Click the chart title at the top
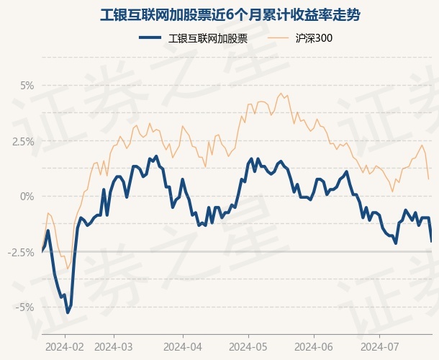tap(230, 15)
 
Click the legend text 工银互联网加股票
tap(208, 38)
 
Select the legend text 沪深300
tap(314, 38)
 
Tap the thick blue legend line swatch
tap(150, 37)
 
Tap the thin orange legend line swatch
tap(278, 37)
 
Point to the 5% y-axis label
tap(27, 86)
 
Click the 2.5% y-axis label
tap(23, 141)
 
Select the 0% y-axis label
tap(27, 197)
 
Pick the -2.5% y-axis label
tap(21, 253)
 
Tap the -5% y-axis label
tap(24, 307)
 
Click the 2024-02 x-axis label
tap(65, 347)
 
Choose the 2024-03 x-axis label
tap(114, 347)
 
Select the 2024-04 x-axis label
tap(183, 347)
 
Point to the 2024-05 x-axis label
tap(248, 347)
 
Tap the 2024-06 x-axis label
tap(314, 347)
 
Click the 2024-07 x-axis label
tap(380, 347)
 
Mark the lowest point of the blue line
tap(68, 312)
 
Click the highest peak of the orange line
tap(281, 94)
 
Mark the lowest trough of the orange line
tap(68, 269)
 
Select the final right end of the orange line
tap(429, 179)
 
